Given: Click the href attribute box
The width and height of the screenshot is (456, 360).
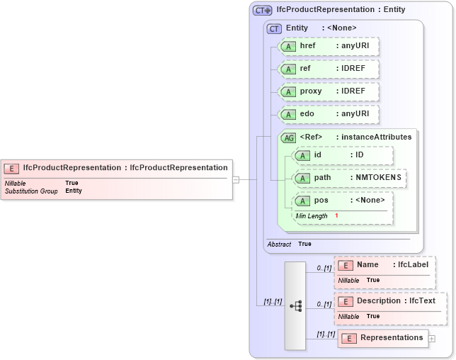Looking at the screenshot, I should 329,46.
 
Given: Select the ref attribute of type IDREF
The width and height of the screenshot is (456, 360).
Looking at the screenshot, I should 329,69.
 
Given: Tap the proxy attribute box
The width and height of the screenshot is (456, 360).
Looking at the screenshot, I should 329,91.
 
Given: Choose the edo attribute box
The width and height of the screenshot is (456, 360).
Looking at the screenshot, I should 329,114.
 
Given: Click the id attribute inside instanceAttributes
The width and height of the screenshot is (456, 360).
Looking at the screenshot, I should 343,155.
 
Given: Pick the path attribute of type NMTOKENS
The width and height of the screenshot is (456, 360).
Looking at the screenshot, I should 350,177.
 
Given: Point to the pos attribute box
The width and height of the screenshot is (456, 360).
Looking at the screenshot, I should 343,205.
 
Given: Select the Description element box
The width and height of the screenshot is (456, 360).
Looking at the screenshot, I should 390,306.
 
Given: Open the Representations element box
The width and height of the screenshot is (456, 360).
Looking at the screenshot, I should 383,338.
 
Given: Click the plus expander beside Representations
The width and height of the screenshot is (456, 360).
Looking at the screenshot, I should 432,339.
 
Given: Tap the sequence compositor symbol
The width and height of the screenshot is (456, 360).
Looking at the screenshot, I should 296,305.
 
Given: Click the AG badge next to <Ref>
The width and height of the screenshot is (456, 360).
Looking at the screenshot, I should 289,137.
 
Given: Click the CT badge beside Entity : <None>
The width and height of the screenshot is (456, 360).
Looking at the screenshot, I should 274,28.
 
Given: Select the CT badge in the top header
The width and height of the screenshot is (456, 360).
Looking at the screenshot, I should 262,11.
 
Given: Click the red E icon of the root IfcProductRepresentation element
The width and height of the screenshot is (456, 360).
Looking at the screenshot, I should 12,168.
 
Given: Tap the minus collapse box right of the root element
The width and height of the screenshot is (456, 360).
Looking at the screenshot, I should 236,179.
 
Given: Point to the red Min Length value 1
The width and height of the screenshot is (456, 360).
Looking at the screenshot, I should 337,215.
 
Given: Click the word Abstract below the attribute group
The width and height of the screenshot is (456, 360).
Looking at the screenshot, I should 279,244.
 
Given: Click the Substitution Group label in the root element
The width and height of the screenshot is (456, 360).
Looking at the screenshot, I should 31,191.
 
